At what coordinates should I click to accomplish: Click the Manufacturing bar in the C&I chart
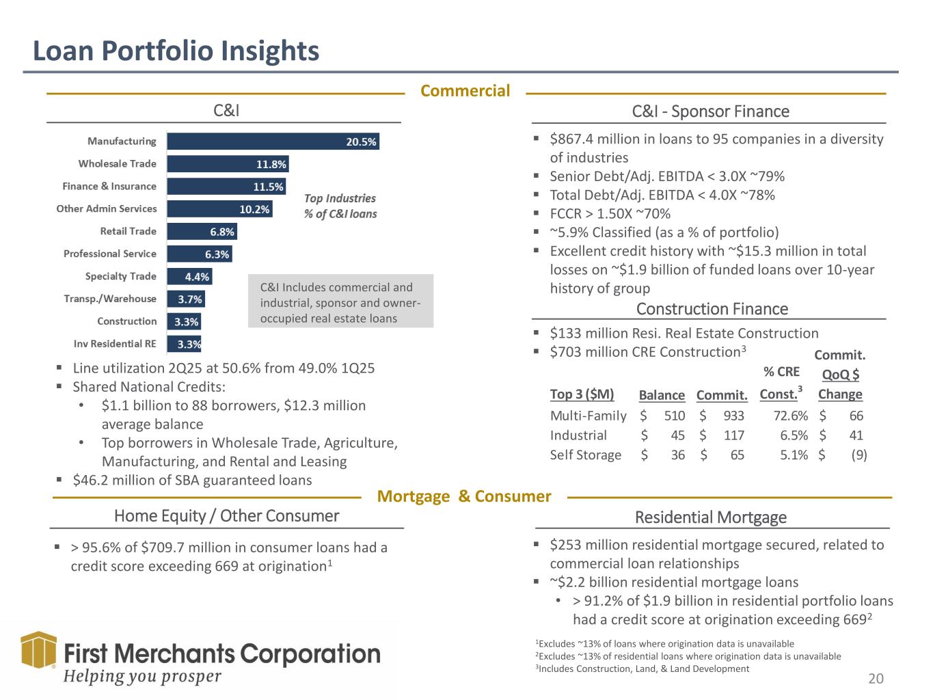(x=272, y=142)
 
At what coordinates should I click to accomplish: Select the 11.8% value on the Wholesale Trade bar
(x=271, y=164)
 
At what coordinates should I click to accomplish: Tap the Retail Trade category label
(x=128, y=231)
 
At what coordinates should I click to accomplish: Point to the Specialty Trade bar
(x=189, y=276)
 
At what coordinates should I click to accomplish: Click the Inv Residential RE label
(x=115, y=344)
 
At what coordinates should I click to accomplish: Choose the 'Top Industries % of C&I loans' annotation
(x=340, y=206)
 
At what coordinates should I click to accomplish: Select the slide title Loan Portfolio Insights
(x=176, y=51)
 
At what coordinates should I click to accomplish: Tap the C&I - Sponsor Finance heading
(x=710, y=111)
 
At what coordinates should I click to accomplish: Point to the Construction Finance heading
(x=712, y=309)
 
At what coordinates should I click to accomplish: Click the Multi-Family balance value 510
(x=674, y=416)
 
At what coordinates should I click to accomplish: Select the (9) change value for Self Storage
(x=858, y=455)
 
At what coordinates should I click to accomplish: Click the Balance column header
(x=661, y=395)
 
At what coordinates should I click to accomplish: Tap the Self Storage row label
(x=585, y=455)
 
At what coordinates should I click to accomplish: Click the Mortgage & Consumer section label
(x=464, y=496)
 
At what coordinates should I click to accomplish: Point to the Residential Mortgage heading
(x=710, y=517)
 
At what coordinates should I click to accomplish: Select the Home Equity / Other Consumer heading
(x=226, y=516)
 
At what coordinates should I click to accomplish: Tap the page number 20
(x=876, y=678)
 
